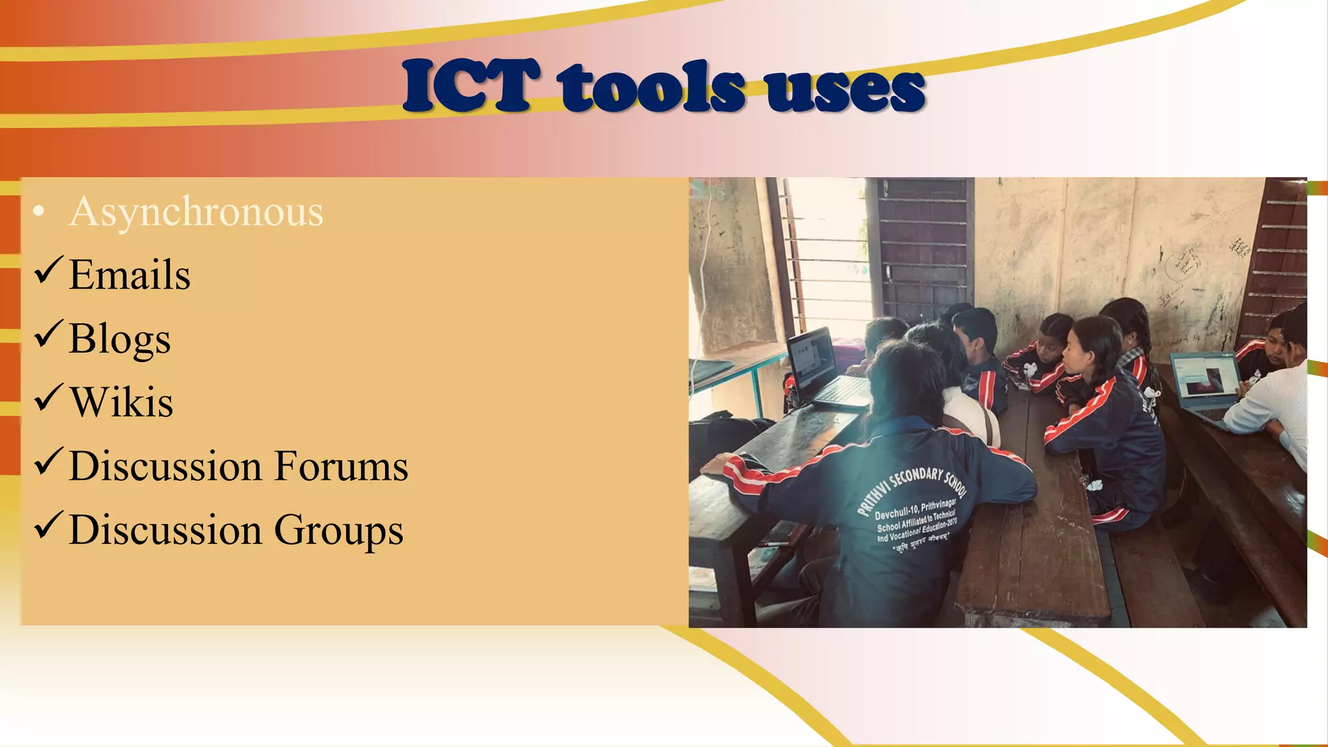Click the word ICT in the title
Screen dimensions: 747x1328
(471, 86)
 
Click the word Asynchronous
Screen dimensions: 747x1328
(196, 212)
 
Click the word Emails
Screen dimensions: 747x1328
(130, 275)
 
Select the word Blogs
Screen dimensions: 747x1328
(120, 339)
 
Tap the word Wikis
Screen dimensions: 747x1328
(121, 403)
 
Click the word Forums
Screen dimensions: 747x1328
(341, 466)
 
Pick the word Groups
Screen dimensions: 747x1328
(338, 530)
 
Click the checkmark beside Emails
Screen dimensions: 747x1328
(49, 270)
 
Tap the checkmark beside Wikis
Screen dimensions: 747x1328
(49, 397)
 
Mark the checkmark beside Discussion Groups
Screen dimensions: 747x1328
(49, 525)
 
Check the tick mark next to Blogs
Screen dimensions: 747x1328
(49, 334)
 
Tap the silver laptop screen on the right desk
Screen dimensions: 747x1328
(1198, 377)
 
